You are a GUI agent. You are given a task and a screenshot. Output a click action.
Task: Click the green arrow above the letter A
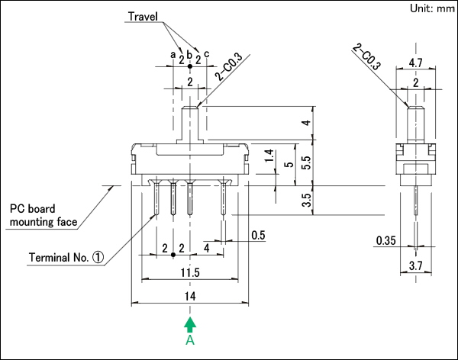pyautogui.click(x=190, y=325)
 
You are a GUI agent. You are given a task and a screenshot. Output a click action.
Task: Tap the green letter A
pyautogui.click(x=190, y=340)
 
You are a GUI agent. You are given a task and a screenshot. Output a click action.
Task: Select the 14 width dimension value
pyautogui.click(x=190, y=297)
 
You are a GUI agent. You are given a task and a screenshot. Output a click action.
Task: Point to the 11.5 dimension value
pyautogui.click(x=190, y=273)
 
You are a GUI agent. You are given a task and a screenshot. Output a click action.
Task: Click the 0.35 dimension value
pyautogui.click(x=385, y=240)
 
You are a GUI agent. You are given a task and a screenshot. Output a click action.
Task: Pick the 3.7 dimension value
pyautogui.click(x=416, y=266)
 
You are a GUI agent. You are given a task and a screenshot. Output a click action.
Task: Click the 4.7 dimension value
pyautogui.click(x=416, y=63)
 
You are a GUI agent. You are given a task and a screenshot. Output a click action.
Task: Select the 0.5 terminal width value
pyautogui.click(x=258, y=235)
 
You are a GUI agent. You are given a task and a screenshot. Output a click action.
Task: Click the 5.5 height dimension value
pyautogui.click(x=306, y=162)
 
